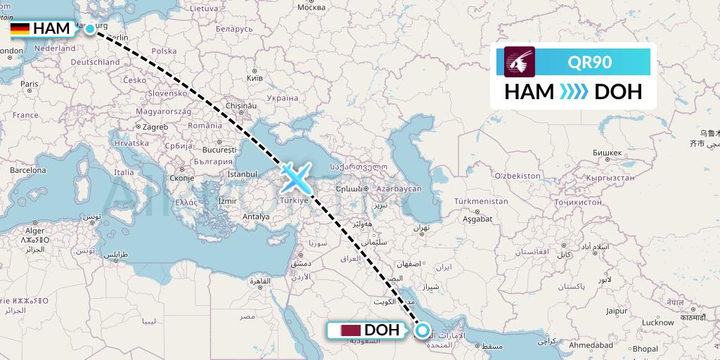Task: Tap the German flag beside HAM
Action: click(x=20, y=29)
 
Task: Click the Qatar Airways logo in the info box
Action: click(x=520, y=62)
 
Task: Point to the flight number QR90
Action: click(x=590, y=62)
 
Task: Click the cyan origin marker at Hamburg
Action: click(x=90, y=29)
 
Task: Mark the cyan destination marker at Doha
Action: click(x=423, y=330)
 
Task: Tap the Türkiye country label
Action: click(x=295, y=200)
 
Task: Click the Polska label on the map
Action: click(x=164, y=51)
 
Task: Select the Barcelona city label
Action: click(x=27, y=170)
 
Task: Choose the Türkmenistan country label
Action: click(x=482, y=201)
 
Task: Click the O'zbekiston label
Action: click(x=517, y=175)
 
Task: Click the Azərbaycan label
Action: click(x=398, y=188)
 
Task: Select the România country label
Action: click(x=205, y=124)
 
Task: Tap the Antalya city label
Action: click(x=255, y=217)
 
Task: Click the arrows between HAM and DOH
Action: click(x=574, y=92)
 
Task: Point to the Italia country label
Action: click(x=124, y=172)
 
